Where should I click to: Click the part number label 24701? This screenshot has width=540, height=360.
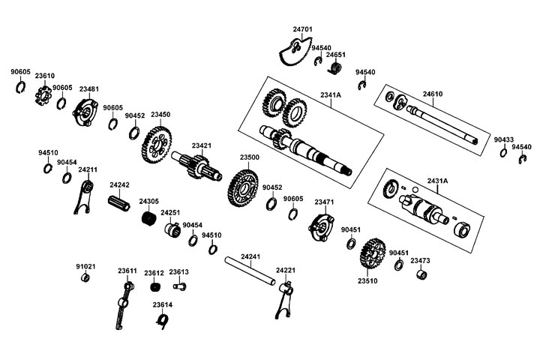coord(303,29)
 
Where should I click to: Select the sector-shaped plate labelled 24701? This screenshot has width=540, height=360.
coord(292,51)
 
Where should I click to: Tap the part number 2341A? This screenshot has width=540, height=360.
coord(330,95)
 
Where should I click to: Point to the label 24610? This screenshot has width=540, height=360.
coord(433,94)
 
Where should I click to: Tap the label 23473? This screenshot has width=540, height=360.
coord(420,261)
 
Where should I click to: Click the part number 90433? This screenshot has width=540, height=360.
coord(504,139)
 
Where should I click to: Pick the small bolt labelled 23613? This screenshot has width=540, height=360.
coord(178,285)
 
